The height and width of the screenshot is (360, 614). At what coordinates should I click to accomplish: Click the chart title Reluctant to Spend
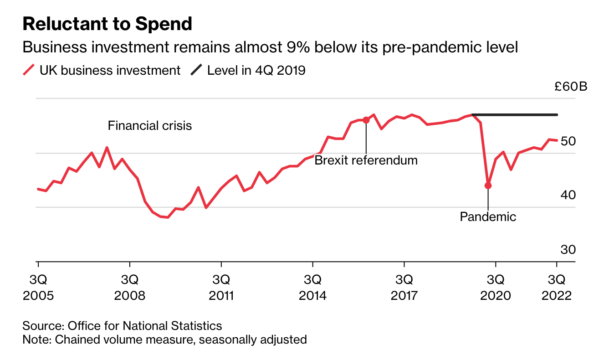pyautogui.click(x=107, y=24)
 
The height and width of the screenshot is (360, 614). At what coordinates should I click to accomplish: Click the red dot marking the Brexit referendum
pyautogui.click(x=366, y=120)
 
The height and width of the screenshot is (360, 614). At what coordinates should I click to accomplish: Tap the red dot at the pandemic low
pyautogui.click(x=488, y=185)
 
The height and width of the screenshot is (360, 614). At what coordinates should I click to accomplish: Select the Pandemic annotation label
pyautogui.click(x=488, y=216)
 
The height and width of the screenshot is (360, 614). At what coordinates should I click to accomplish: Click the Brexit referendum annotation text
pyautogui.click(x=366, y=160)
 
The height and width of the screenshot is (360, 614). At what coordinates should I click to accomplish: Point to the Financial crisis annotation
pyautogui.click(x=150, y=126)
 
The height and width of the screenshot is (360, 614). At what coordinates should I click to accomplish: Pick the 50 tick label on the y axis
pyautogui.click(x=568, y=141)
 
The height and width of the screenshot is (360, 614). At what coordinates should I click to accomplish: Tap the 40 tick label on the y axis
pyautogui.click(x=568, y=195)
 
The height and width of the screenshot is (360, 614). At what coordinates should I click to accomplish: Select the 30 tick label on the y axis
pyautogui.click(x=568, y=250)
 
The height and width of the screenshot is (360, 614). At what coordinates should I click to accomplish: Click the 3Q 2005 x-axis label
pyautogui.click(x=38, y=287)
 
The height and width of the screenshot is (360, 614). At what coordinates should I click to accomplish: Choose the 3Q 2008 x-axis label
pyautogui.click(x=130, y=287)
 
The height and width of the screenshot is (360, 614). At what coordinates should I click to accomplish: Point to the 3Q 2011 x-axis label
pyautogui.click(x=221, y=287)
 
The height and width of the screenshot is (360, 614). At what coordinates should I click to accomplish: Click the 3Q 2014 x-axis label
pyautogui.click(x=313, y=287)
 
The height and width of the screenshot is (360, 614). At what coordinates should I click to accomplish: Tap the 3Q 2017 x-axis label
pyautogui.click(x=404, y=287)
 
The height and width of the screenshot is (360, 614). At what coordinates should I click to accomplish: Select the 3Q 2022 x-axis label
pyautogui.click(x=556, y=287)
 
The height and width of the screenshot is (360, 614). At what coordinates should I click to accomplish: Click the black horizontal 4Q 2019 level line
pyautogui.click(x=515, y=114)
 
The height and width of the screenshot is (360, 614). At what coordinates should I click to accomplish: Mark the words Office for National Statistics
pyautogui.click(x=145, y=326)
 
